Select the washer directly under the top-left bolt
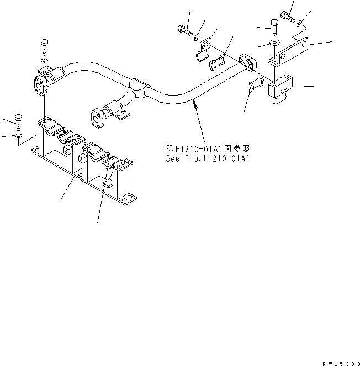click(45, 59)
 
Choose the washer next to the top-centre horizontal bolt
click(197, 36)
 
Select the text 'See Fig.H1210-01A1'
click(208, 158)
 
